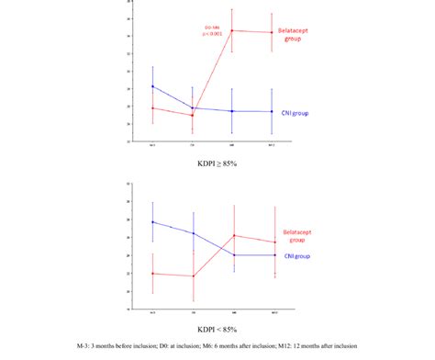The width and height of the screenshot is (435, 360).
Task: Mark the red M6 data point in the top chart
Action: (x=231, y=30)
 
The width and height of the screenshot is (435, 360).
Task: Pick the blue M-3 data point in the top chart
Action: (x=152, y=86)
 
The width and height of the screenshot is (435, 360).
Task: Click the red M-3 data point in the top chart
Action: (x=152, y=107)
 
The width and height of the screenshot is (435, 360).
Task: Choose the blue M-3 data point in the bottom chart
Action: (x=152, y=222)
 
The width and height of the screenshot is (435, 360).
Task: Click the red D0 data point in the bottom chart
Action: (x=193, y=276)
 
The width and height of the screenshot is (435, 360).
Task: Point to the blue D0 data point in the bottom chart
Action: (x=193, y=232)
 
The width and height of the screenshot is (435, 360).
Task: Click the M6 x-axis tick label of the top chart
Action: (x=231, y=145)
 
